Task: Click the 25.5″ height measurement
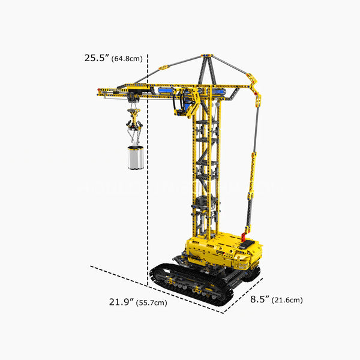(x=97, y=58)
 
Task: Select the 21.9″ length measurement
(x=121, y=302)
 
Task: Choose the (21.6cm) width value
(x=287, y=299)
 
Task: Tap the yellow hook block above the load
(x=133, y=115)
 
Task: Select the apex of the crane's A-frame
(x=207, y=56)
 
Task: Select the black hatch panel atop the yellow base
(x=245, y=244)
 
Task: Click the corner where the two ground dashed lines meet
(x=226, y=312)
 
